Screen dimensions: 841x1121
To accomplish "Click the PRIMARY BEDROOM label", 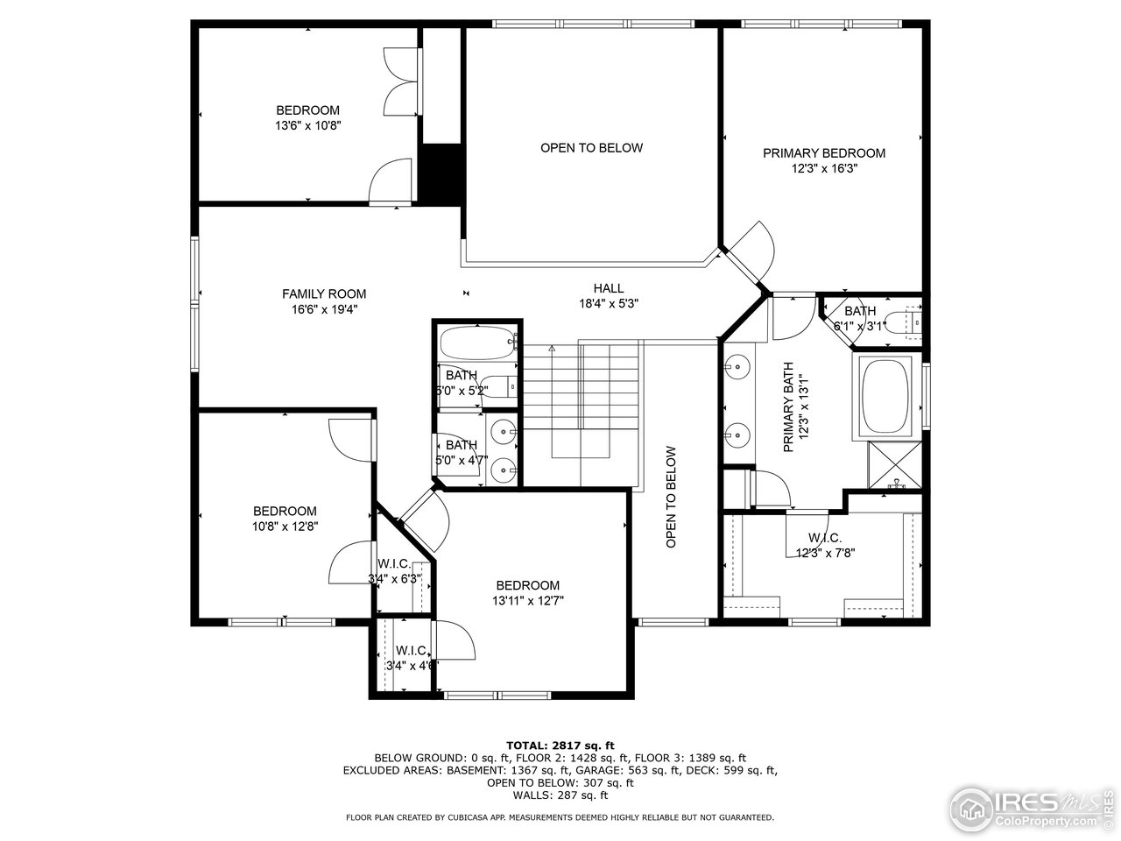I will click(x=823, y=153).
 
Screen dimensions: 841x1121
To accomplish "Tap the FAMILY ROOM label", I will click(x=323, y=294).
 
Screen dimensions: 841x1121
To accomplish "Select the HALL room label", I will click(x=609, y=288).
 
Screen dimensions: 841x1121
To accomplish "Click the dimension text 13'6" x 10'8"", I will click(x=307, y=125).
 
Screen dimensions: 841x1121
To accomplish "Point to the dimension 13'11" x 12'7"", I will click(x=527, y=601).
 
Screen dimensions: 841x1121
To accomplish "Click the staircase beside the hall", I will click(x=582, y=394).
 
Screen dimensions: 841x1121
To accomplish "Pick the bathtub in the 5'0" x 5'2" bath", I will click(x=477, y=343).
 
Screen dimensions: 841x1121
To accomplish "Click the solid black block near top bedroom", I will click(x=441, y=173).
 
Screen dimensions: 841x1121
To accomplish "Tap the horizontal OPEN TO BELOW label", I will click(x=591, y=148).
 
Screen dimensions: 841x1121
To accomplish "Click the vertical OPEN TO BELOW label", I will click(x=671, y=497).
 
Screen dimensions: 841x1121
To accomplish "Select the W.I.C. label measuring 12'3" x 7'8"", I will click(x=824, y=537).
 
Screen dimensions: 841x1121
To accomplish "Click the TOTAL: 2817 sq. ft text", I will click(x=560, y=745).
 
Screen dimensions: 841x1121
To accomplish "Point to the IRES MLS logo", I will click(x=1033, y=807).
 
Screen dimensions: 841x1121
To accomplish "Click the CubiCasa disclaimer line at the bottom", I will click(x=560, y=817).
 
